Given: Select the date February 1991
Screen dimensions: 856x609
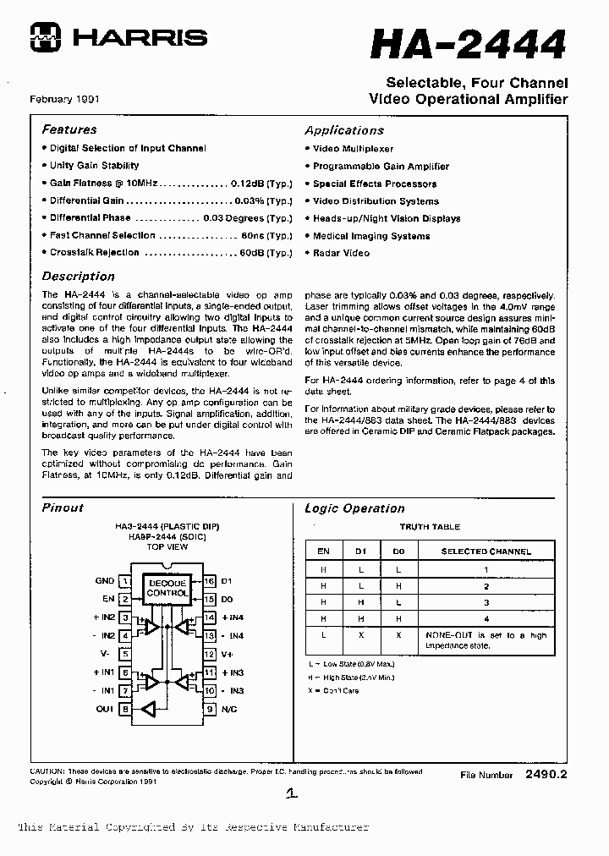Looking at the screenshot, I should tap(65, 99).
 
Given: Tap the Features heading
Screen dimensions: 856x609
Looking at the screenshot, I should tap(69, 129).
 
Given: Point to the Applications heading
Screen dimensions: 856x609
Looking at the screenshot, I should tap(344, 130).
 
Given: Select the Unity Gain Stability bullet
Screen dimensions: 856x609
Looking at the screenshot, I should tap(94, 166).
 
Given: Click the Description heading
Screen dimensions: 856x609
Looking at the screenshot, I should tap(78, 276).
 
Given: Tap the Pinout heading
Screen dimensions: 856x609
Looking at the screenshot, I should tap(63, 508).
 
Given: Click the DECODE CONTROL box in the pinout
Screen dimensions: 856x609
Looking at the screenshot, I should tap(167, 588).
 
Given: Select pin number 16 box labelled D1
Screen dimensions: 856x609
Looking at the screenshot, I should tap(209, 581).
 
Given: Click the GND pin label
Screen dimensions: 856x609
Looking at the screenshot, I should tap(105, 581).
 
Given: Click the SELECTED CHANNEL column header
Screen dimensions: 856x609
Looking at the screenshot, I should tap(486, 551).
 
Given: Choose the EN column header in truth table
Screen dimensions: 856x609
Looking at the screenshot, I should tap(323, 551).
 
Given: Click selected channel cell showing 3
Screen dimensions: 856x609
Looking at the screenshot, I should tap(486, 602).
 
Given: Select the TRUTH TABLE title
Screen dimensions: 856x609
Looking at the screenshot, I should tap(430, 527).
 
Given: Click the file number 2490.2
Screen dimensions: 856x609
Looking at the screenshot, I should tap(546, 774).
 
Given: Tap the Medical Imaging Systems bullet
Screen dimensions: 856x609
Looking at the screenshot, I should tap(371, 236).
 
